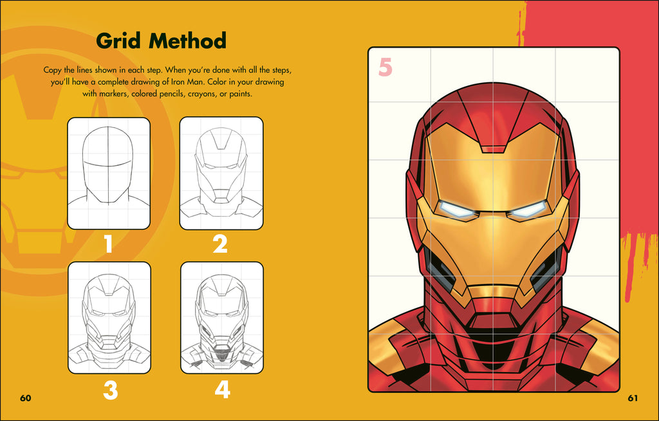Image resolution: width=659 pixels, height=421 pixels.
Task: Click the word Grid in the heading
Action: click(x=119, y=41)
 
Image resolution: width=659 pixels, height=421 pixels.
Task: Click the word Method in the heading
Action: click(x=187, y=41)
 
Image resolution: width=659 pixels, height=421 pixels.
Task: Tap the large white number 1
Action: click(x=108, y=244)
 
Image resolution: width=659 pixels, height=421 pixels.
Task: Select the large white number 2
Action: click(x=220, y=244)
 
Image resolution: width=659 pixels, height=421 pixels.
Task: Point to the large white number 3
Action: click(x=109, y=390)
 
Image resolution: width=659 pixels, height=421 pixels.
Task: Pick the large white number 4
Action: click(x=222, y=390)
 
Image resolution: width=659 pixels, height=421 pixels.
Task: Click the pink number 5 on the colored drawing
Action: click(x=385, y=67)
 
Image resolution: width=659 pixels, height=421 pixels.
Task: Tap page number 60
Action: click(x=25, y=398)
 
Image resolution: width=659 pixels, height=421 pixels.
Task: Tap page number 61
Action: click(x=633, y=398)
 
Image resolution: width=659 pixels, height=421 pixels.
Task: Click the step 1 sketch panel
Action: click(x=108, y=173)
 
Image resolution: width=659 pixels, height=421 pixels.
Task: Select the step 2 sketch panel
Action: click(x=221, y=173)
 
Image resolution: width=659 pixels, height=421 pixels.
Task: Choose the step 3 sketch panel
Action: click(x=109, y=318)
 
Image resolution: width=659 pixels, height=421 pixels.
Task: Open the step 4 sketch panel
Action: click(x=221, y=318)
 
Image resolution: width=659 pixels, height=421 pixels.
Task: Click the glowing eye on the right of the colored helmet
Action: click(x=527, y=209)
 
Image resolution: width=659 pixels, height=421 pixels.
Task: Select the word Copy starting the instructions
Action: click(x=53, y=69)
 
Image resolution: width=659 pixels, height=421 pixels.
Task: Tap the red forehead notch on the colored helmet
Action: click(x=494, y=148)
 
